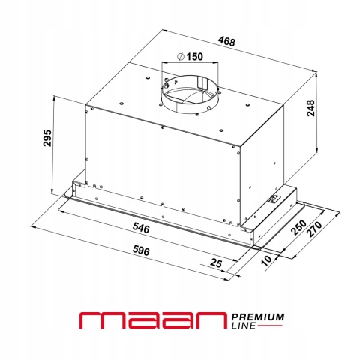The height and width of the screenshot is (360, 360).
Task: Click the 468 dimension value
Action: (226, 41)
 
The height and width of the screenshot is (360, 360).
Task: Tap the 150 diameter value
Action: (195, 57)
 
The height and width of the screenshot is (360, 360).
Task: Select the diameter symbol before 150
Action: (181, 57)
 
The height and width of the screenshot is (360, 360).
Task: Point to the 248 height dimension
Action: (310, 108)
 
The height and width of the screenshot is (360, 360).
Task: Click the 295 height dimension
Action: (47, 138)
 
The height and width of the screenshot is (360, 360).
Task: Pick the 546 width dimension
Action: (141, 228)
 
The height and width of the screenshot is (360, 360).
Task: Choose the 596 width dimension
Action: (141, 250)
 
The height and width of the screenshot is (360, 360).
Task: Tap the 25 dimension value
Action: (216, 263)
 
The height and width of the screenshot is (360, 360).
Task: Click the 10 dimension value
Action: (266, 260)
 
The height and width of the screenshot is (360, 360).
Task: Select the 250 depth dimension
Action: (299, 227)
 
